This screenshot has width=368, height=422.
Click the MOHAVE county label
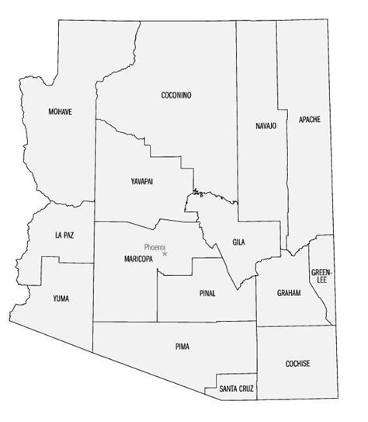click(x=60, y=112)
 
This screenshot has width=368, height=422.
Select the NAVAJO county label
click(x=266, y=126)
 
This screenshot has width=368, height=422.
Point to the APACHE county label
click(x=309, y=119)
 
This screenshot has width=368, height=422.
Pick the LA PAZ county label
click(x=65, y=234)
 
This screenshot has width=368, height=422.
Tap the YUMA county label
click(x=60, y=298)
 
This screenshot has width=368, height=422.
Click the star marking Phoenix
click(x=165, y=253)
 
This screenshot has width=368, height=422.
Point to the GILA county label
click(x=239, y=242)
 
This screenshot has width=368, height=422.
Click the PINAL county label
click(x=207, y=293)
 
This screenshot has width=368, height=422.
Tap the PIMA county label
click(x=182, y=346)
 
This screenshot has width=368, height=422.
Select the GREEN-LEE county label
click(x=320, y=277)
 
